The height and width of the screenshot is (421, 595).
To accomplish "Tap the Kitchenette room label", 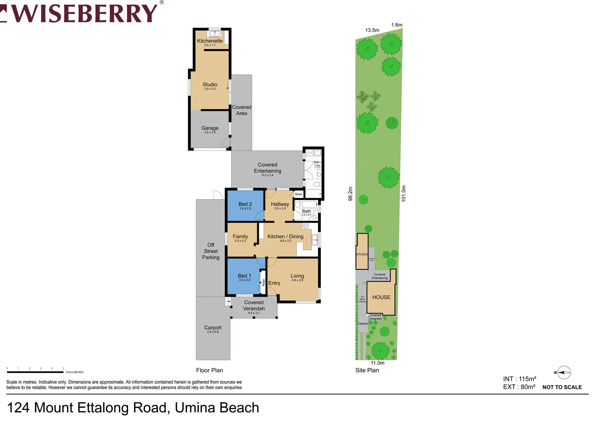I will [210, 41].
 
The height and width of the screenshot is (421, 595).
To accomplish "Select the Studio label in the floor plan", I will [210, 85].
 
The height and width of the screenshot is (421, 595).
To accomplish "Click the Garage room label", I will [210, 128].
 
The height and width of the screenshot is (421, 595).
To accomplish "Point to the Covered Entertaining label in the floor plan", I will [268, 168].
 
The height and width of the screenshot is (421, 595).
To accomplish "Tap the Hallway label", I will [280, 204].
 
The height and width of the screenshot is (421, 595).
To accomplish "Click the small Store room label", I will [298, 194].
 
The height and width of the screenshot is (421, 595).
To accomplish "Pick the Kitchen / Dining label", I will [285, 237].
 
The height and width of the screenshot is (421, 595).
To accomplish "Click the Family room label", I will [240, 237].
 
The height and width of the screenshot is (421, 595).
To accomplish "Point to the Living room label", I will [297, 276].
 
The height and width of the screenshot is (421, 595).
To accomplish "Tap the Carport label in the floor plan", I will [213, 328].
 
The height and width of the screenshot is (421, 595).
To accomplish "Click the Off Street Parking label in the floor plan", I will [211, 251].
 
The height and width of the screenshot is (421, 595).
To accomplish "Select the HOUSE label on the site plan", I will [381, 297].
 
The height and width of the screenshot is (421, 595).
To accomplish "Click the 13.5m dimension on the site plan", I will [372, 30].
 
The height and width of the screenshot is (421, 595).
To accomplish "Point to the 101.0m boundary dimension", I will [404, 193].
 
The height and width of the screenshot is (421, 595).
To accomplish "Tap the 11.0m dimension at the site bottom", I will [377, 363].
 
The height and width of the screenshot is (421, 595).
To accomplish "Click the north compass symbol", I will [563, 373].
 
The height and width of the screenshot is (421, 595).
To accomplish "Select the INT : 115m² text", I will [519, 379].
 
